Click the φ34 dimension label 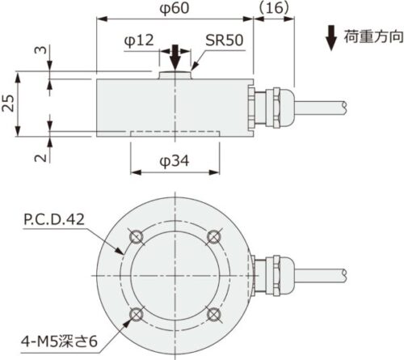(x=175, y=162)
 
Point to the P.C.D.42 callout (x=53, y=218)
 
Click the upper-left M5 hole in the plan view (x=137, y=235)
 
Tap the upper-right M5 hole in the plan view (x=213, y=235)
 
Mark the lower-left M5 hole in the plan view (x=137, y=313)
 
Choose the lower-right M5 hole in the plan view (x=213, y=313)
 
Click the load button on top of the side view (x=175, y=75)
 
